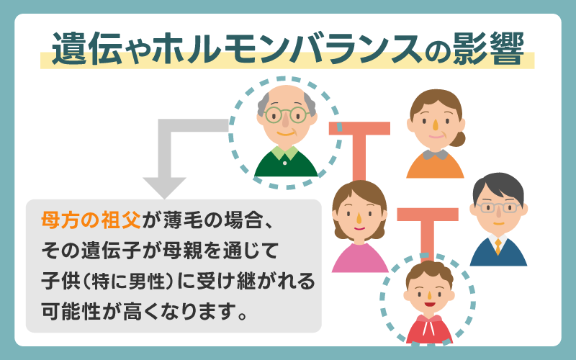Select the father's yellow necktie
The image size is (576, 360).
[x=497, y=246]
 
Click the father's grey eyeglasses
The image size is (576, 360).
[x=498, y=207]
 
